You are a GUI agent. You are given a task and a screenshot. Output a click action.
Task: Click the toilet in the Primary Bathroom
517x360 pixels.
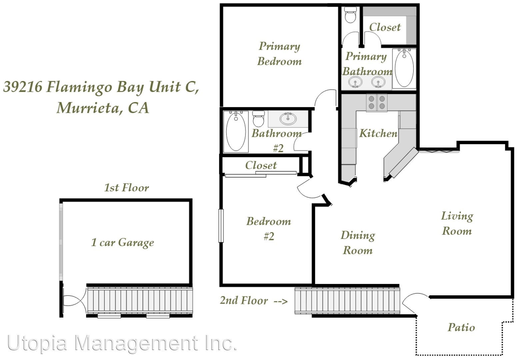tap(350, 15)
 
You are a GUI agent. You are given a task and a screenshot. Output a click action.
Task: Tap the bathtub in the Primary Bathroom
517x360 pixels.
tap(404, 68)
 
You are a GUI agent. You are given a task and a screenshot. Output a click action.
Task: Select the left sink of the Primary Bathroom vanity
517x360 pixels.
tap(355, 82)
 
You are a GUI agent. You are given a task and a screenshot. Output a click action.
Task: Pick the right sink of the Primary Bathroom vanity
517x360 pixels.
tap(378, 82)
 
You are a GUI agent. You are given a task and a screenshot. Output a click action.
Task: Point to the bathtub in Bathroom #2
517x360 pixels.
tap(236, 132)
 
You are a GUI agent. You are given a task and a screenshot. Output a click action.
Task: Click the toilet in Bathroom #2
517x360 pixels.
tap(259, 119)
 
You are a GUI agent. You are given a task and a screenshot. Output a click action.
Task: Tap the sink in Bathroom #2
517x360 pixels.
tap(288, 119)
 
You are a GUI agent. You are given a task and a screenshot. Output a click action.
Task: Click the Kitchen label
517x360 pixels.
tap(378, 133)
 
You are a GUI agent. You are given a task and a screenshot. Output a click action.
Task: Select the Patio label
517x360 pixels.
tap(461, 327)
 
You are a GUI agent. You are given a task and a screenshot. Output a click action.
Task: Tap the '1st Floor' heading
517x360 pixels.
tap(127, 188)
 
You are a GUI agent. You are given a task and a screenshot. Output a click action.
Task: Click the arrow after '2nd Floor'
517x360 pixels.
tap(281, 301)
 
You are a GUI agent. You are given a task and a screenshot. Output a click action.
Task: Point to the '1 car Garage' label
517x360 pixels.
tap(123, 243)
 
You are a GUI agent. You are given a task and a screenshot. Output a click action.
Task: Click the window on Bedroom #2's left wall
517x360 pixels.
tap(221, 226)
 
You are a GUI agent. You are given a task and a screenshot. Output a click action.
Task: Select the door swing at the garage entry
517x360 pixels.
tap(75, 301)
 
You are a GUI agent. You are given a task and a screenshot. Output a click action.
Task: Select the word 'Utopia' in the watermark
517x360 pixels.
tap(37, 343)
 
